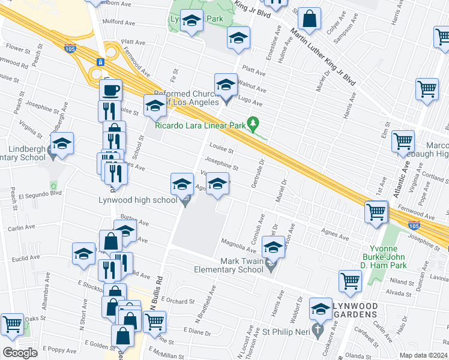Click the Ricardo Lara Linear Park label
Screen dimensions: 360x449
point(200,125)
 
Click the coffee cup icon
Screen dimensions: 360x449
point(110,91)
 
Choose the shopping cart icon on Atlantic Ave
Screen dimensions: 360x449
point(403,142)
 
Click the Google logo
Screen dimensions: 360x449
point(20,353)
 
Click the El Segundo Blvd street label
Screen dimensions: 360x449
point(40,194)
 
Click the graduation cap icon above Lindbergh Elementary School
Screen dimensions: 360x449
point(62,144)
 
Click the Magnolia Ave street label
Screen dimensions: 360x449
point(239,245)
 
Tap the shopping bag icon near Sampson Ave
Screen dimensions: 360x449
point(310,20)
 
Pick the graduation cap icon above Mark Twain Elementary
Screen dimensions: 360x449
point(273,247)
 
